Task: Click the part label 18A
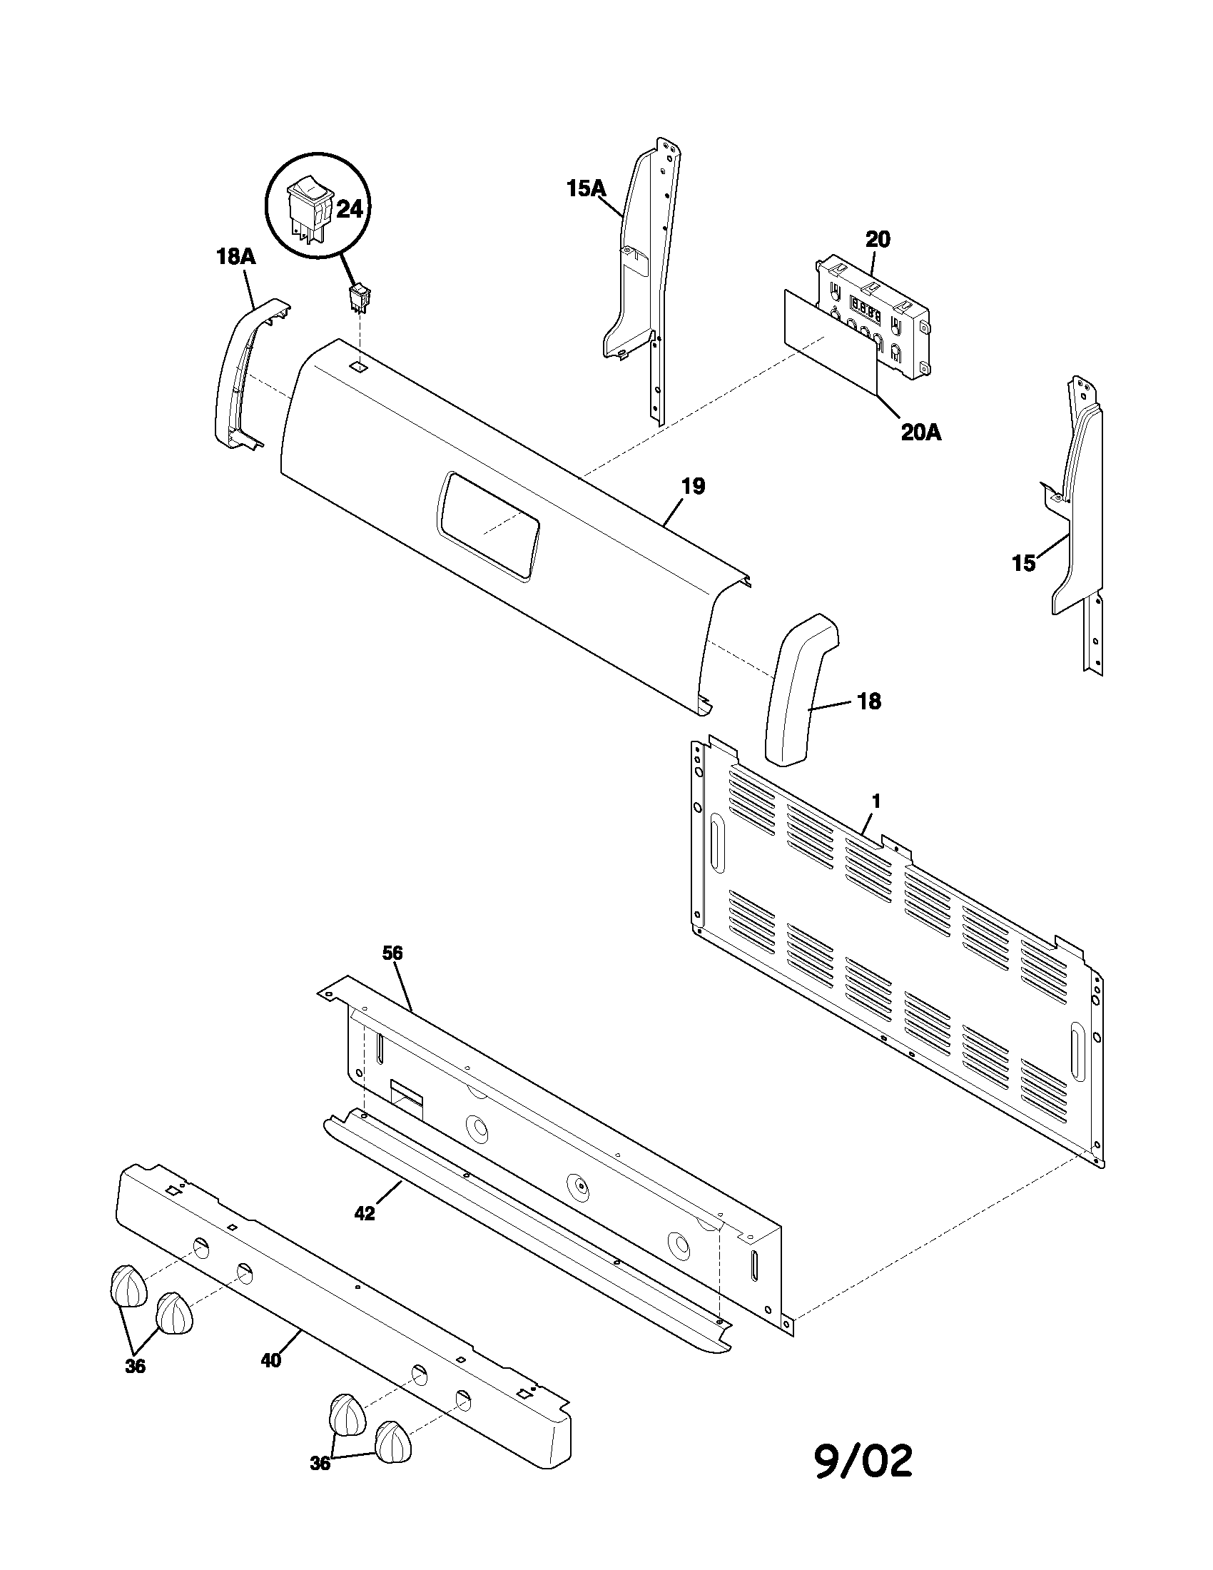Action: click(x=235, y=257)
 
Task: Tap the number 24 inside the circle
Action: click(x=349, y=210)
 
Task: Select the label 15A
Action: click(x=587, y=188)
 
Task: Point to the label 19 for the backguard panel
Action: click(x=693, y=486)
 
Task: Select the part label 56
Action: click(x=392, y=953)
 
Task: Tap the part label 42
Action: click(x=365, y=1213)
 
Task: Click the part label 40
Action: click(x=271, y=1360)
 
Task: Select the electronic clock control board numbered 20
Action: click(x=873, y=316)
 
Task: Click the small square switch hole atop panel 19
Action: click(x=357, y=366)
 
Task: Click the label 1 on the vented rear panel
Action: click(x=876, y=801)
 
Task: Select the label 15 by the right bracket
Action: click(x=1023, y=564)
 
